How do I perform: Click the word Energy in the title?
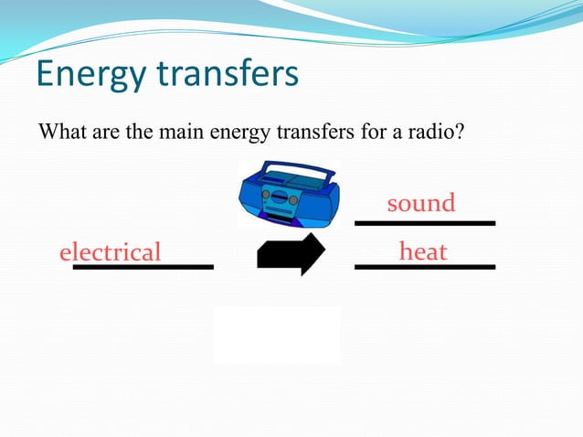tap(90, 75)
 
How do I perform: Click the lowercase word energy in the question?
tap(239, 133)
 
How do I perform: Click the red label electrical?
tap(110, 251)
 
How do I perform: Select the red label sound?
tap(420, 203)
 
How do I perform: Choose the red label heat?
tap(422, 250)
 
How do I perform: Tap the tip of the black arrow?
tap(323, 253)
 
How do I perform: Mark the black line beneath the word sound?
tap(424, 222)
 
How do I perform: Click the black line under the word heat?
tap(424, 266)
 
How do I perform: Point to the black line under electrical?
tap(143, 267)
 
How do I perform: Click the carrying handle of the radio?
tap(288, 169)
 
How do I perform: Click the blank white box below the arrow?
tap(277, 335)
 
